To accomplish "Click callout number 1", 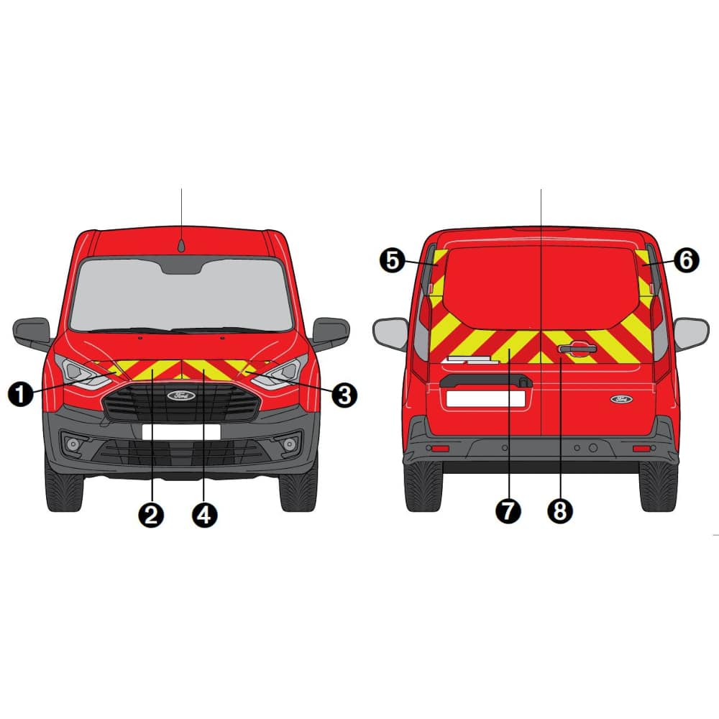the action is [x=21, y=394].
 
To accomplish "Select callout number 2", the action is [x=151, y=515].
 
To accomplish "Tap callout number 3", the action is [x=344, y=395].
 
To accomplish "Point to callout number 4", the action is [x=204, y=515].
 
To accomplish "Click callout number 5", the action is [x=393, y=260].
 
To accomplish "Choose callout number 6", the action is [x=687, y=260].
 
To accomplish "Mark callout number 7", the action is [x=508, y=510].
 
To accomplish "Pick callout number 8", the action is [x=560, y=510].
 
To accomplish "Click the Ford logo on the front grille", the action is [x=181, y=395].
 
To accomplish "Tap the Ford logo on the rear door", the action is [x=621, y=399].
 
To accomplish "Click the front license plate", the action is [x=181, y=432].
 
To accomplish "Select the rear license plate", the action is [x=485, y=399].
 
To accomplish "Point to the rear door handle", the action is [x=577, y=348].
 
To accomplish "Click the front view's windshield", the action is [x=181, y=294].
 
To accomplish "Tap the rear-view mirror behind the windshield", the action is [x=181, y=266].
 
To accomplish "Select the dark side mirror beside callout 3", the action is [x=331, y=334].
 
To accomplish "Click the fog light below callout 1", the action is [x=73, y=444].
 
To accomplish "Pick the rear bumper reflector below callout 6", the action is [x=641, y=448].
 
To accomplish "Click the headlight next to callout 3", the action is [x=278, y=372].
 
